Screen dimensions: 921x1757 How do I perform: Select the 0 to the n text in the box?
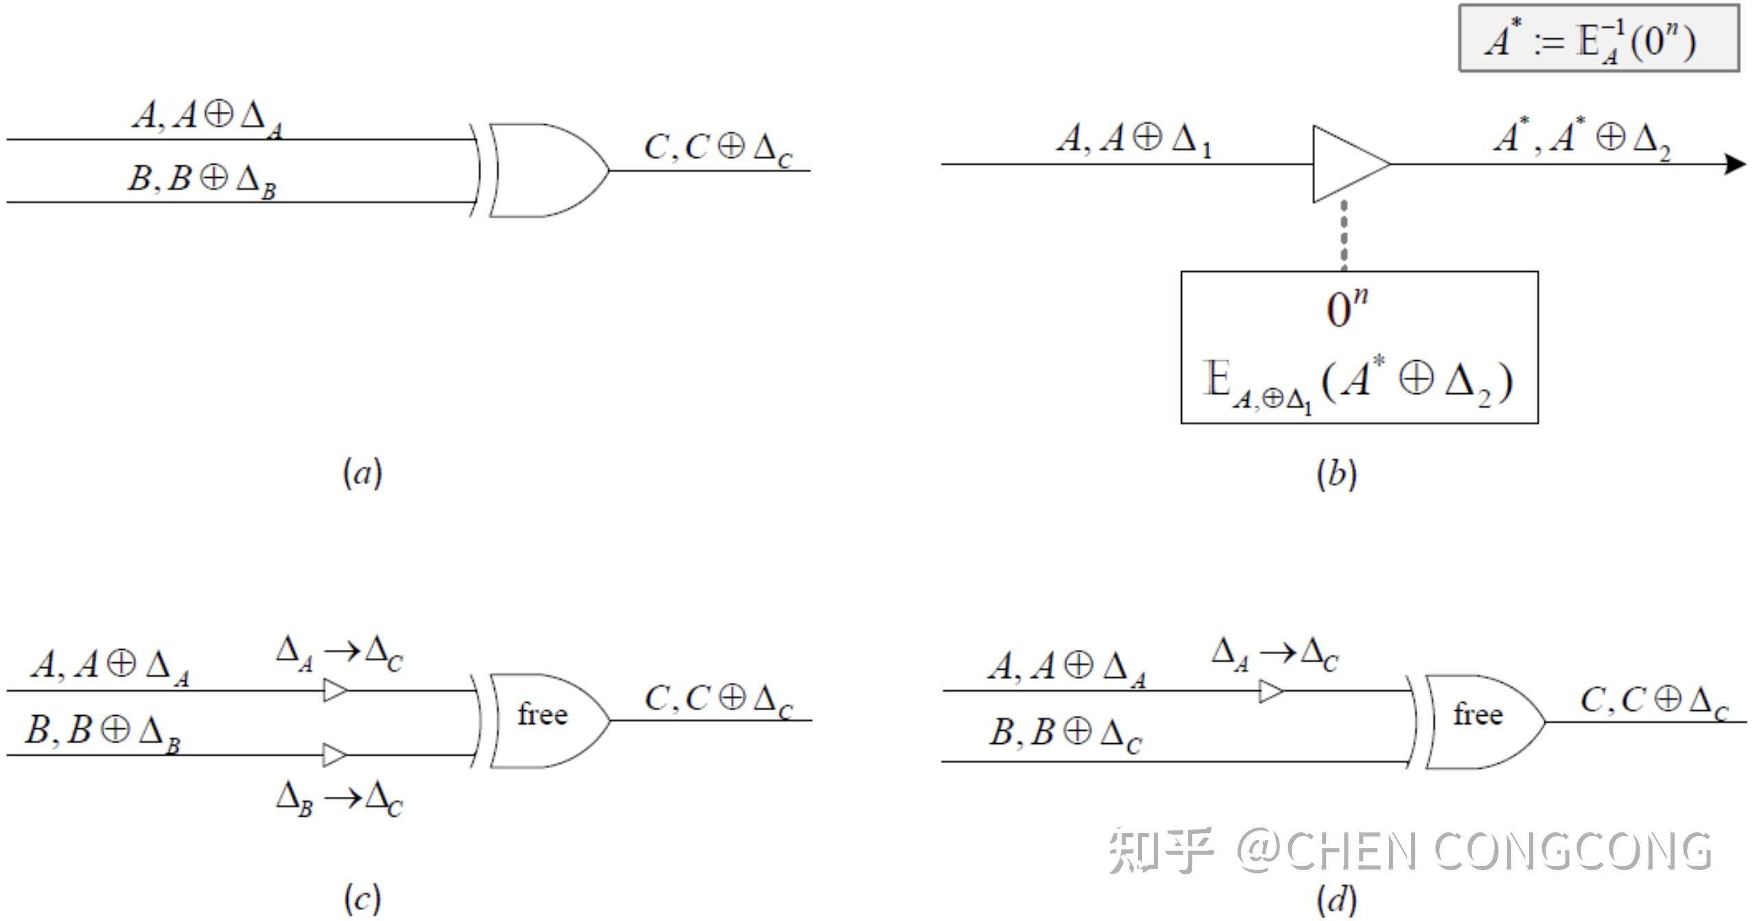tap(1347, 309)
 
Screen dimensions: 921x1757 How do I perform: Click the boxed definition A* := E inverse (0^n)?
tap(1598, 38)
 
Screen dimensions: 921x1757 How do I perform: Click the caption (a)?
tap(362, 474)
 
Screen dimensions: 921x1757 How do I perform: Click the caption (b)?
tap(1336, 474)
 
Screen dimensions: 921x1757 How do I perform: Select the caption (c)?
tap(362, 898)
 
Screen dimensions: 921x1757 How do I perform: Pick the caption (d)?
tap(1336, 899)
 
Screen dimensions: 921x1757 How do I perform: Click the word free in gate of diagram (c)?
tap(542, 715)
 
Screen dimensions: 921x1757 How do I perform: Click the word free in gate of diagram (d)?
tap(1478, 715)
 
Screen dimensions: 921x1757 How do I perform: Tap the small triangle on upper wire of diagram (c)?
tap(335, 690)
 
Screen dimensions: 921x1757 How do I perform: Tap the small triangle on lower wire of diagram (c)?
tap(335, 755)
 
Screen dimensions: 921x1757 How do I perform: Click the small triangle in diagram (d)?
tap(1270, 691)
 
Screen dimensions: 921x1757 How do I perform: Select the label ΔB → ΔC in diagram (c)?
tap(339, 800)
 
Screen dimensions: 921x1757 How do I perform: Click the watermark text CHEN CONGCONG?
tap(1496, 851)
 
